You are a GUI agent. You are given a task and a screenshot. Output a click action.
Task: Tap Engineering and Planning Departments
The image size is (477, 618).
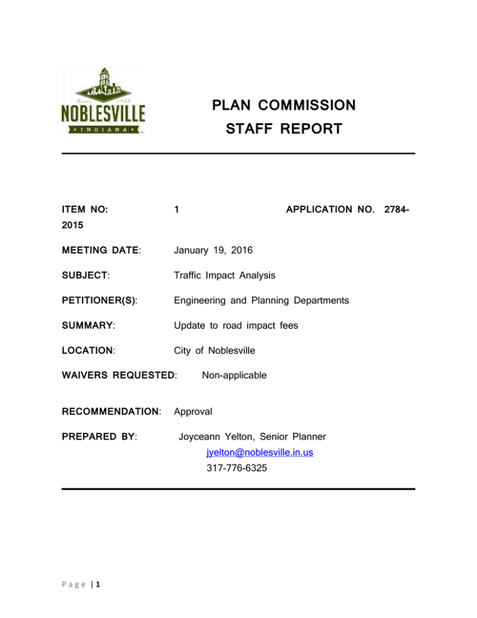click(261, 301)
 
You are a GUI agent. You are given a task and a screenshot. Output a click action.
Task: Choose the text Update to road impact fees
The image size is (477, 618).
click(235, 325)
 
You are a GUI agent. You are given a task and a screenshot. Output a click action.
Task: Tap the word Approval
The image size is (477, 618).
click(194, 411)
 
